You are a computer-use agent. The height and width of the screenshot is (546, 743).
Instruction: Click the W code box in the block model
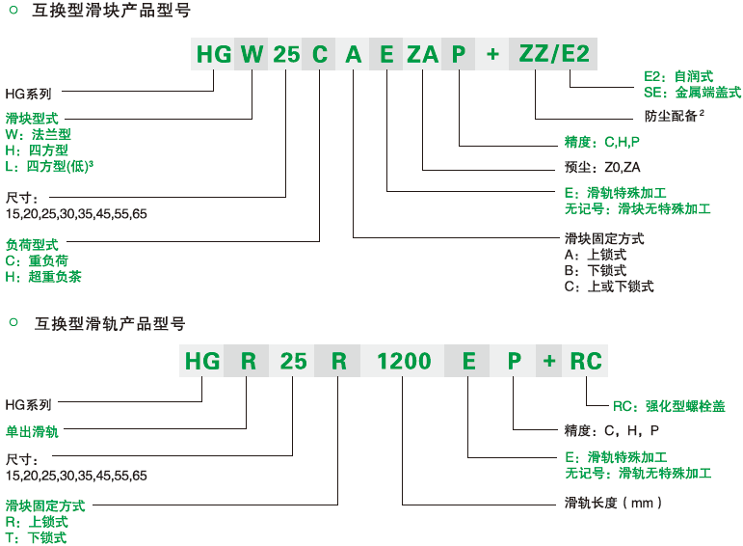pos(252,54)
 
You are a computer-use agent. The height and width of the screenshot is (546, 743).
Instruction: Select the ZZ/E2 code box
pos(553,54)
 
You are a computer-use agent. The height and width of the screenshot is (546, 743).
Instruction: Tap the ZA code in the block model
pos(422,54)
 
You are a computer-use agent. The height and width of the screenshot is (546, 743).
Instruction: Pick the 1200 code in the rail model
pos(403,361)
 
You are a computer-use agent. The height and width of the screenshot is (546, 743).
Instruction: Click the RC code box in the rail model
pos(585,361)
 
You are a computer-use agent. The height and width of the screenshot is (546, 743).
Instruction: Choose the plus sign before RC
pos(549,361)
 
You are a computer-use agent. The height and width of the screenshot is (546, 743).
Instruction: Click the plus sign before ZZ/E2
pos(492,54)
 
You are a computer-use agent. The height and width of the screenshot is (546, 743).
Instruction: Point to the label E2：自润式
pos(678,76)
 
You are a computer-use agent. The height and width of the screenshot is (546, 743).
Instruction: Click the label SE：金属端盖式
pos(692,92)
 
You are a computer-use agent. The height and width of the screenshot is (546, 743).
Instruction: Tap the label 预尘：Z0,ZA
pos(601,167)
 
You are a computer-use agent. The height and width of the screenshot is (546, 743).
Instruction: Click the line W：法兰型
pos(38,134)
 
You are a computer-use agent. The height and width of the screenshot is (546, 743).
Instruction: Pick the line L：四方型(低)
pos(49,166)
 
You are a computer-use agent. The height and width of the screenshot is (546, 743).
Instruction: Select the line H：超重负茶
pos(43,277)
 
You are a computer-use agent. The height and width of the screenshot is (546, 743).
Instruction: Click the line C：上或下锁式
pos(609,287)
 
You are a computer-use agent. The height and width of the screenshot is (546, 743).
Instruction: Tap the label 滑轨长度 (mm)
pos(613,503)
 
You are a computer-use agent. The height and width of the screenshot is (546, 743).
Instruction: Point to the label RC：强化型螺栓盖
pos(669,406)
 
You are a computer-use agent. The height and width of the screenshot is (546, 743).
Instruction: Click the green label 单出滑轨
pos(32,431)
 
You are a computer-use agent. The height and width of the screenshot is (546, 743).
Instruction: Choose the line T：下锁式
pos(36,538)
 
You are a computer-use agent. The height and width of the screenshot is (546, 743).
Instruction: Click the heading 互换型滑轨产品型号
pos(110,324)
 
